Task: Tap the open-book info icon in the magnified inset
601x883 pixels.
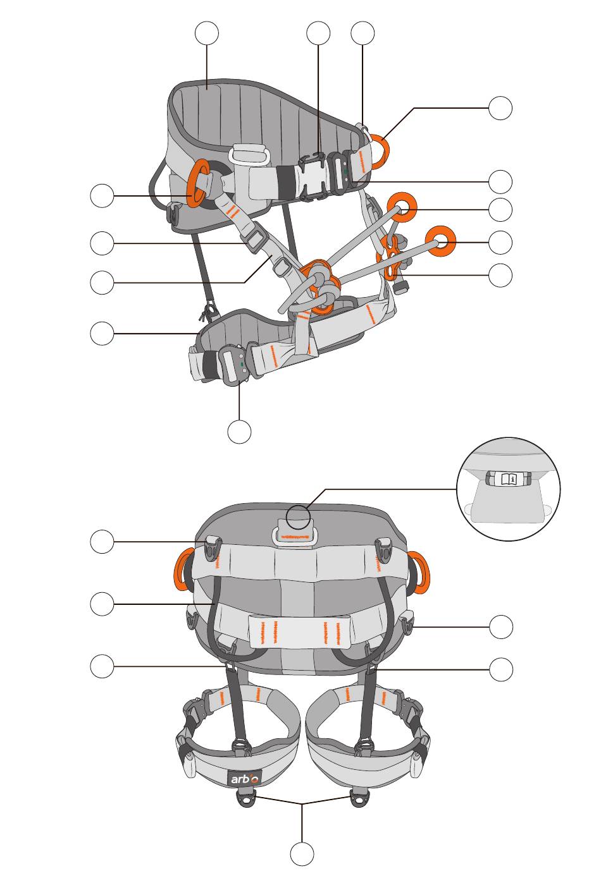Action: tap(508, 479)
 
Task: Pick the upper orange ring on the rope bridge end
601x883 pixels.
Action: tap(402, 207)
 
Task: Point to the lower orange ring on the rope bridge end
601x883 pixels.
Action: tap(440, 240)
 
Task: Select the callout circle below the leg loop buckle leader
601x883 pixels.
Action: tap(239, 432)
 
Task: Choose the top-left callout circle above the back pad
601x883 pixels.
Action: tap(207, 33)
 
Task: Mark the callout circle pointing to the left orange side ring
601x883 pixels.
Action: tap(102, 195)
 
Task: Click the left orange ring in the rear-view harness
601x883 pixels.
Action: tap(184, 570)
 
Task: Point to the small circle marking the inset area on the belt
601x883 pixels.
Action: tap(299, 517)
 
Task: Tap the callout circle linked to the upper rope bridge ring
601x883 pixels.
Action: tap(500, 210)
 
